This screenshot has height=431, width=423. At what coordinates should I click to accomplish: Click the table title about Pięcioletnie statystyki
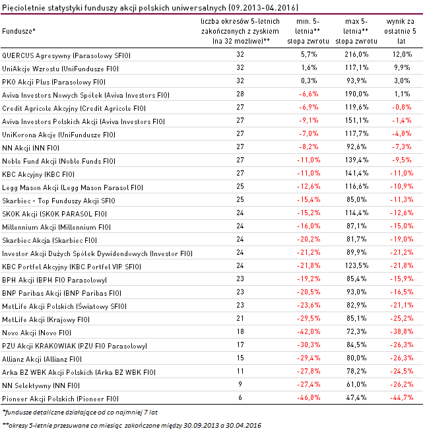150,8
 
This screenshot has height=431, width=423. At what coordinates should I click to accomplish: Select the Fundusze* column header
19,31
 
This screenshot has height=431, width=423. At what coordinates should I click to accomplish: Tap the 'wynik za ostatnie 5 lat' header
403,31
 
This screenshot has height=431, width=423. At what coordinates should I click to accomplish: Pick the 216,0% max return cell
356,55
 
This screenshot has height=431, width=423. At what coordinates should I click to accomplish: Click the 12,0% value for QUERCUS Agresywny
402,55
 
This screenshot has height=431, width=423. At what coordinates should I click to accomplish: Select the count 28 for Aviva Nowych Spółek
240,94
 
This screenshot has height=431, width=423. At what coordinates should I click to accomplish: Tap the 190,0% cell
356,94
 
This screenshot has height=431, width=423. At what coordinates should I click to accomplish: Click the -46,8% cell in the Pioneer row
304,399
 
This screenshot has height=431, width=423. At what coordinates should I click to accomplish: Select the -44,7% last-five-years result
402,399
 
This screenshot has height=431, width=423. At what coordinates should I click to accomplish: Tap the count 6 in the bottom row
240,399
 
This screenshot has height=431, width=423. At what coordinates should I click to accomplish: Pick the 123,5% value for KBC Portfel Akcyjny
356,267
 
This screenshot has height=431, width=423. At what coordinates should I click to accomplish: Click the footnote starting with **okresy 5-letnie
132,424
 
